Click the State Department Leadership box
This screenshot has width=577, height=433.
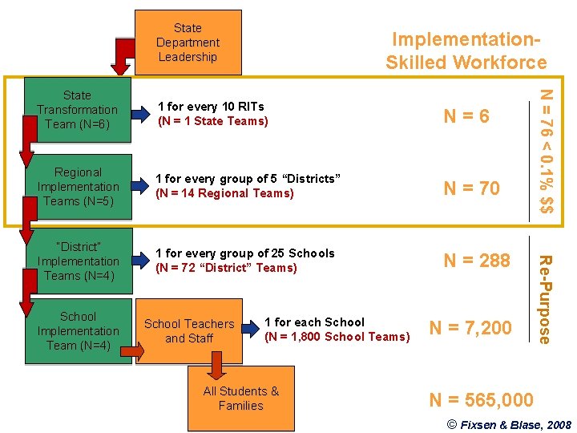(x=188, y=42)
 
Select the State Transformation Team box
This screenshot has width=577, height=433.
(x=77, y=110)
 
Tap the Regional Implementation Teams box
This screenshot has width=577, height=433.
(x=78, y=186)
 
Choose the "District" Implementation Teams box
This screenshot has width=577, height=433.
(x=78, y=261)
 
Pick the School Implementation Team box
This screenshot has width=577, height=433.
(x=78, y=330)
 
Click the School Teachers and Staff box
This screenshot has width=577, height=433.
(x=189, y=330)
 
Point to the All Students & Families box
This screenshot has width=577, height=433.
(x=240, y=399)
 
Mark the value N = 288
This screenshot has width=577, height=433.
(x=477, y=261)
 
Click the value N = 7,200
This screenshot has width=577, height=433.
(x=470, y=327)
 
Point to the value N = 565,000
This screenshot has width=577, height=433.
(x=481, y=399)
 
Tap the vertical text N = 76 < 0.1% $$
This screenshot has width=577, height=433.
(x=546, y=150)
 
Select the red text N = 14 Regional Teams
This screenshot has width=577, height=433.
(x=224, y=193)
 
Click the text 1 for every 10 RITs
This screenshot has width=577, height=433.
(x=211, y=106)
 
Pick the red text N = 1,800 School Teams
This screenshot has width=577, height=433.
(x=337, y=337)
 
